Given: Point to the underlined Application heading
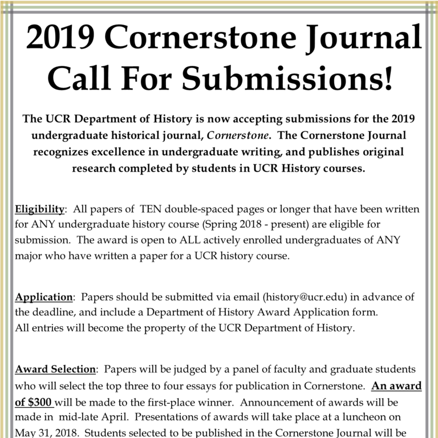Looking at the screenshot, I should tap(44, 297).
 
